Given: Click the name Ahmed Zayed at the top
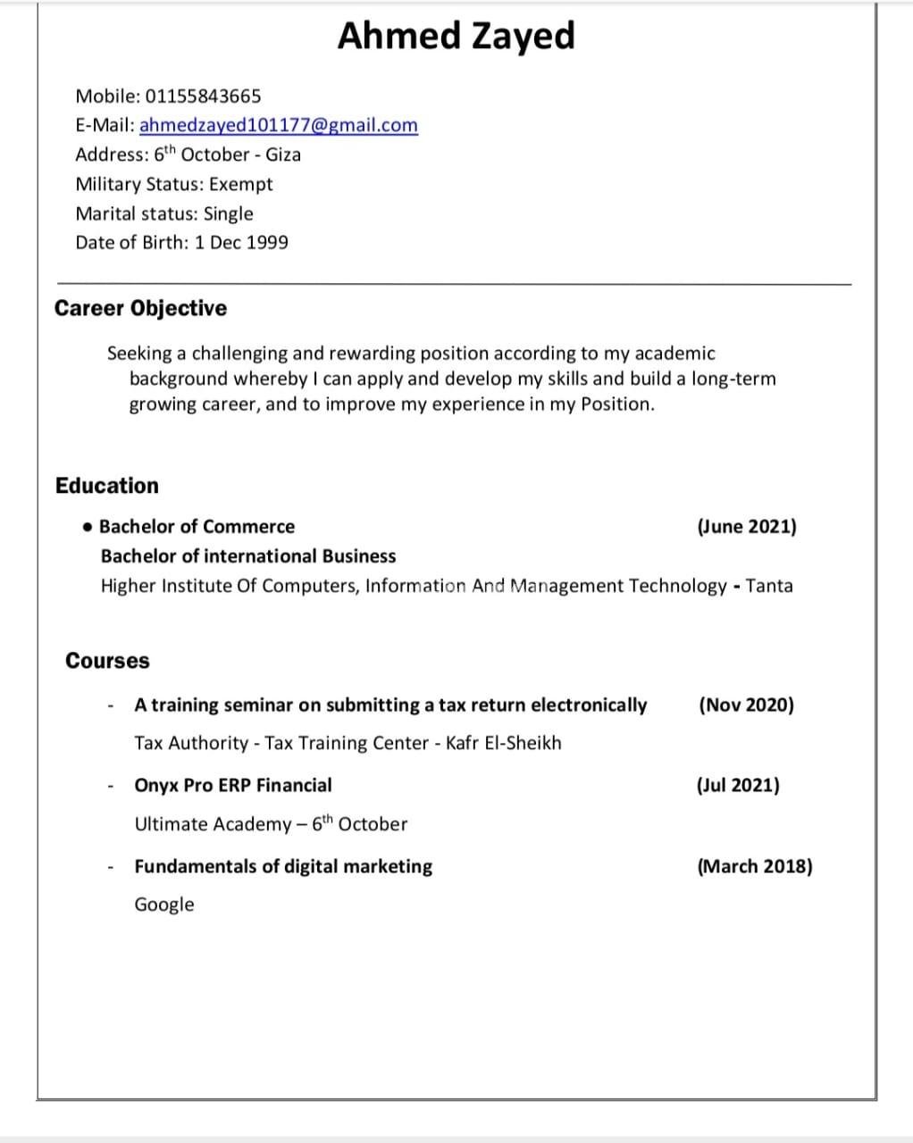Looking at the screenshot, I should point(456,37).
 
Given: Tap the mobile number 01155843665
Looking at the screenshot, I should point(203,96).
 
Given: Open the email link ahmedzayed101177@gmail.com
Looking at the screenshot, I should point(278,125).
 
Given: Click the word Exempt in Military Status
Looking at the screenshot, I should point(241,184).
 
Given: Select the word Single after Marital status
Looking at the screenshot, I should point(229,213).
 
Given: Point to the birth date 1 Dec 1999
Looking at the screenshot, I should point(241,242).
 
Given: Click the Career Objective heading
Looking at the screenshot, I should point(140,308).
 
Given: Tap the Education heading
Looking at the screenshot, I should point(106,486).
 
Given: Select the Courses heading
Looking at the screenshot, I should point(107,661).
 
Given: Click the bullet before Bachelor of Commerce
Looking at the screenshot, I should point(87,527).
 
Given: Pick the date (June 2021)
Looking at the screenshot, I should point(746,526).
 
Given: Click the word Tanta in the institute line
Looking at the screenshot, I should point(769,586).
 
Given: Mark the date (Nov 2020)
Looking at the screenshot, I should point(746,705).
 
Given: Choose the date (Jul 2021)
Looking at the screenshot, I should point(738,785).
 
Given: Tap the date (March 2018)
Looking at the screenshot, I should point(755,866).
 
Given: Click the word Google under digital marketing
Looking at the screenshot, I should point(164,905).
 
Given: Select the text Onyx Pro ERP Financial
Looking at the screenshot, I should point(232,785).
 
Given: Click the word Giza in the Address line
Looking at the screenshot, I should point(283,154).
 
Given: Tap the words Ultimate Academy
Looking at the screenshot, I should point(213,824).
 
